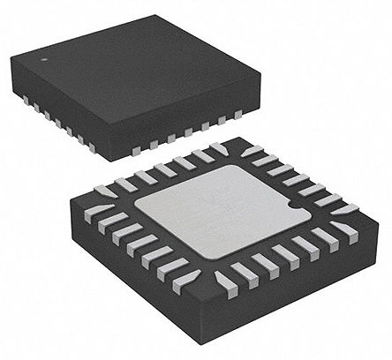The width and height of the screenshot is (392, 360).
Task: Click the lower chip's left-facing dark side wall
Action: (124, 282)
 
